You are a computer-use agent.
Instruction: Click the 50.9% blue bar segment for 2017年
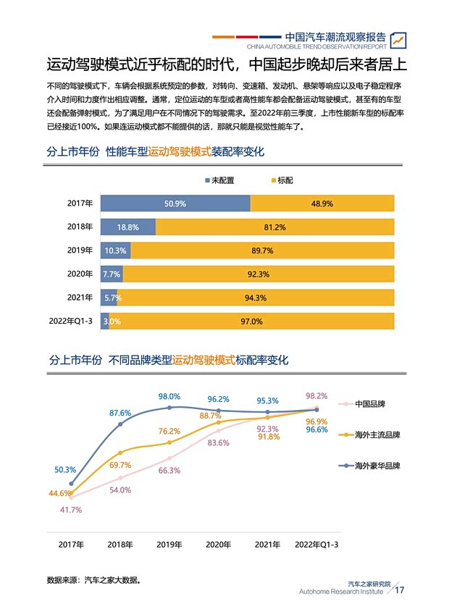[175, 203]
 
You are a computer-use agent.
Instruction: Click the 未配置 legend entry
[220, 180]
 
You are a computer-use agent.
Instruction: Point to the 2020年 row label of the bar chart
[80, 274]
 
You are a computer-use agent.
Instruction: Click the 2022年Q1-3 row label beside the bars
[71, 321]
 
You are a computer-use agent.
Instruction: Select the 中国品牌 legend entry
[369, 404]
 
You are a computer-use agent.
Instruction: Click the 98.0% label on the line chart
[169, 397]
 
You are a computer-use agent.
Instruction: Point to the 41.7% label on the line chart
[71, 510]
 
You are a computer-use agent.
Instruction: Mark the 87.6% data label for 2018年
[120, 413]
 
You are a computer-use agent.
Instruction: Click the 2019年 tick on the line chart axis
[169, 545]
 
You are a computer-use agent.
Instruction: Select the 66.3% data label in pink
[169, 471]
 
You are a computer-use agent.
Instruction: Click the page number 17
[399, 590]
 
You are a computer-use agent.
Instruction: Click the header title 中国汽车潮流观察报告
[335, 36]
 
